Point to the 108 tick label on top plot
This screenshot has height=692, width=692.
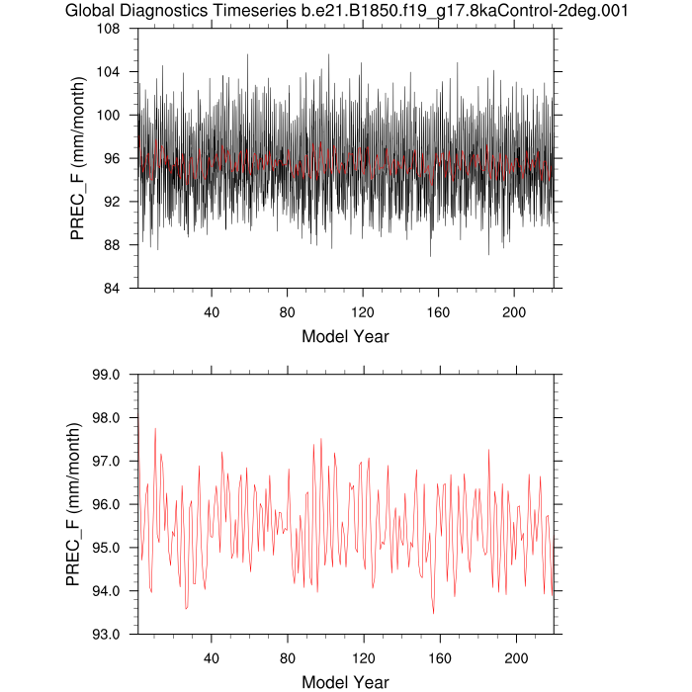click(109, 29)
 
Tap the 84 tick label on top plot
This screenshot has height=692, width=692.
click(113, 288)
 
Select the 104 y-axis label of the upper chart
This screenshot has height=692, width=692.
click(109, 72)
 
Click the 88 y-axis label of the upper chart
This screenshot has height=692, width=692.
click(113, 245)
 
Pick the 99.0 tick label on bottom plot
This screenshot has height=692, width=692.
click(106, 375)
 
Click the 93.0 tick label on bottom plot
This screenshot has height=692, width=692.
click(106, 634)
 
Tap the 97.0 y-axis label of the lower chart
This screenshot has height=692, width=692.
click(106, 461)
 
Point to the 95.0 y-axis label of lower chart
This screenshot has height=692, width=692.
click(106, 548)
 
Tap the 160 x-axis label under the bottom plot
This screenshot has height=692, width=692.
click(439, 657)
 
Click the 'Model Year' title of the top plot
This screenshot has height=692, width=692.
click(345, 336)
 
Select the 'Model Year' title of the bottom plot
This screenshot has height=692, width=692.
click(345, 681)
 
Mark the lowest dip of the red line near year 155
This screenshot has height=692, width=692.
click(433, 613)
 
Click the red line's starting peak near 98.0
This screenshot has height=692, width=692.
click(136, 420)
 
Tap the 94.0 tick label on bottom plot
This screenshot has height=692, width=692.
click(106, 590)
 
